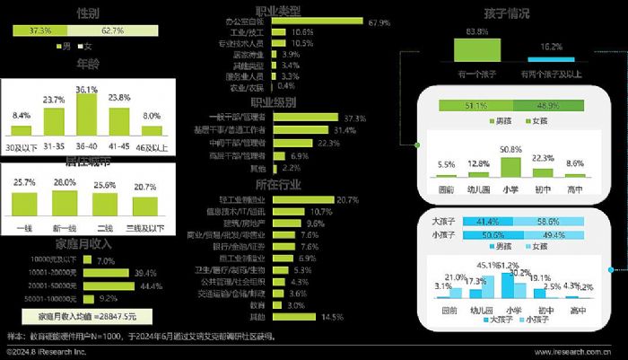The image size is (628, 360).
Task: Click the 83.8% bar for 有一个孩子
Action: coord(476,48)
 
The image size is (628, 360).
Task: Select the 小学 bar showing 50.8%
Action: coord(512,170)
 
